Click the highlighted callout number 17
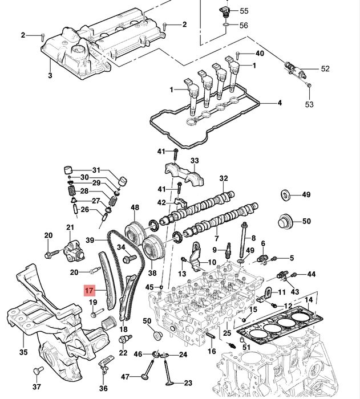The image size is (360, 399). click(90, 290)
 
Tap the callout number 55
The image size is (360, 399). click(244, 11)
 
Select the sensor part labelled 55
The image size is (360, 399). click(225, 12)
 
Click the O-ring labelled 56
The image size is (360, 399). click(225, 25)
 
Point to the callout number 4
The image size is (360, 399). click(280, 103)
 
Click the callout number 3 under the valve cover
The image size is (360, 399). click(50, 76)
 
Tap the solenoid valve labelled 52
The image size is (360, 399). click(294, 68)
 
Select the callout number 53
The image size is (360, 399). click(309, 104)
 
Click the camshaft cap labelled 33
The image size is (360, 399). click(184, 173)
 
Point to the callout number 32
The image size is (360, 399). click(224, 178)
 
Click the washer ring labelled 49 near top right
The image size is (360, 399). click(285, 195)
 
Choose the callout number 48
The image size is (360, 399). click(135, 207)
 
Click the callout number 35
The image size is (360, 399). click(23, 352)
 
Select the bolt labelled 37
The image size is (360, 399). click(38, 370)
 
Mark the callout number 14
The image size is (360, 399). click(308, 300)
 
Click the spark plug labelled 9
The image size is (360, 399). click(229, 250)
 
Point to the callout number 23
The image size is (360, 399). click(188, 383)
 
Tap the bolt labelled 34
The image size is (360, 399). click(130, 259)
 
